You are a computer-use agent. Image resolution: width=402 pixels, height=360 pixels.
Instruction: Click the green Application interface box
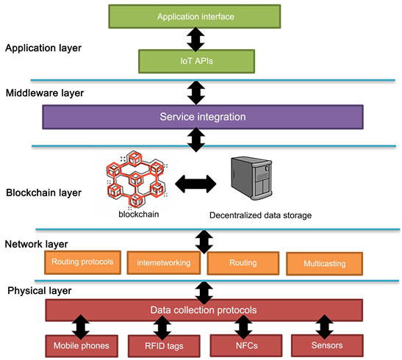pos(195,16)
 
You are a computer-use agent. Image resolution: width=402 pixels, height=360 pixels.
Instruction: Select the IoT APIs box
pos(197,61)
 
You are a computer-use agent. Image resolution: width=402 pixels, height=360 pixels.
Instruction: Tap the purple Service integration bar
pos(203,117)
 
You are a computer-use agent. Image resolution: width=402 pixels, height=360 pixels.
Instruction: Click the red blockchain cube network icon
pos(136,179)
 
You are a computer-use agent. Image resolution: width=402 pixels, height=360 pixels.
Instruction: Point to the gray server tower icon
pos(251,178)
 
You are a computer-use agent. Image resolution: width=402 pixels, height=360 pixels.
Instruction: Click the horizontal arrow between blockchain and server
pos(195,184)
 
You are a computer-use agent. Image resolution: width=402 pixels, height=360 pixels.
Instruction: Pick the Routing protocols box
pos(82,262)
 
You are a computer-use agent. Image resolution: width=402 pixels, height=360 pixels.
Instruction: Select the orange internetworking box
pos(164,263)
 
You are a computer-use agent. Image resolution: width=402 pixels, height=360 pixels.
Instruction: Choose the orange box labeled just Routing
pos(243,263)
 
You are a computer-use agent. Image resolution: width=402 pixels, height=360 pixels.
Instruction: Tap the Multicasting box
pos(325,264)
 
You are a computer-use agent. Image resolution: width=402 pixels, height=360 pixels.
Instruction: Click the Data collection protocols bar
pos(204,310)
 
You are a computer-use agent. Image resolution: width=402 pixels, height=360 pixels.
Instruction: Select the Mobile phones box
pos(82,346)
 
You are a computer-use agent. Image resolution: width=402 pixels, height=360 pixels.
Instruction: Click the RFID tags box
pos(164,346)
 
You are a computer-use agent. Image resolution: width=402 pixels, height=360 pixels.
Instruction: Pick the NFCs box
pos(246,345)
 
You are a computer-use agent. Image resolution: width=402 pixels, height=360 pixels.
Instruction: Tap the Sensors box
pos(327,345)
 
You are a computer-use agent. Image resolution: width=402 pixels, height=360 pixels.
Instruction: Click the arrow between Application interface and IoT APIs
pos(195,39)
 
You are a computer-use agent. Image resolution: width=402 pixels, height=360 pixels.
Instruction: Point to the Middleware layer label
pos(45,93)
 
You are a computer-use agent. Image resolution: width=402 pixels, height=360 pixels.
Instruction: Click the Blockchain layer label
pos(43,192)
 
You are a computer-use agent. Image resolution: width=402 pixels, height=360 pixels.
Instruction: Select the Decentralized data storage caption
pos(260,215)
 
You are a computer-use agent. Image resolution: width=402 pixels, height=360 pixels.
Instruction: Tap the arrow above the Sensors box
pos(324,327)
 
